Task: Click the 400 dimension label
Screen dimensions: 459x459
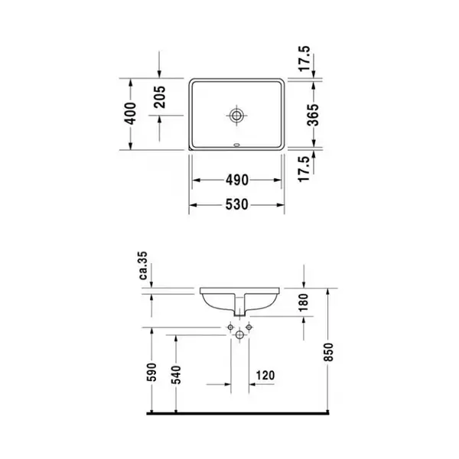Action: point(131,113)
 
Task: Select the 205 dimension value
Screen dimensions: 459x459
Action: point(160,96)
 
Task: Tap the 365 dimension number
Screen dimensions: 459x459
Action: point(313,115)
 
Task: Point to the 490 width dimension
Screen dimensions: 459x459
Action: point(237,180)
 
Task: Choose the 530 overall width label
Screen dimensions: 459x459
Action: point(237,204)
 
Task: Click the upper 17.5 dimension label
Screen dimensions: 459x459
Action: point(304,59)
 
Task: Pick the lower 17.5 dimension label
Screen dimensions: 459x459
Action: point(304,169)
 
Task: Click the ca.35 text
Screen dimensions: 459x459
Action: point(144,265)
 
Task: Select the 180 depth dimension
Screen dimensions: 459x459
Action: point(304,302)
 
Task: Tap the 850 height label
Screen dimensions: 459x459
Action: point(329,352)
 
